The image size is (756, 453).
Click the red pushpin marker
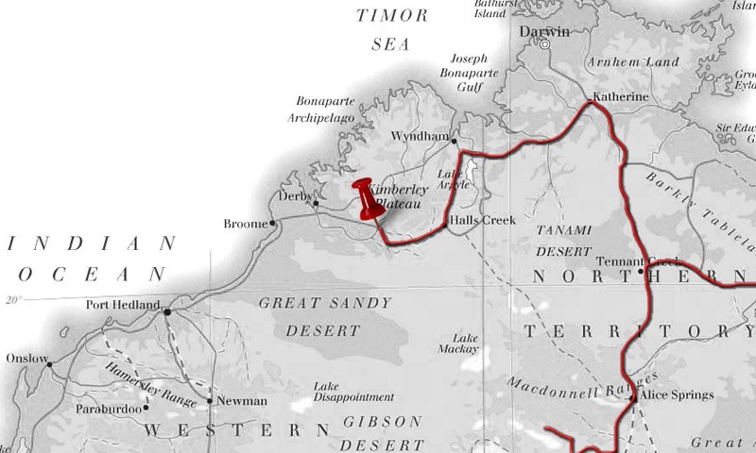point(367,198)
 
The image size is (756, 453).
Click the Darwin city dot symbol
point(544,43)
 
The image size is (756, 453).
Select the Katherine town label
point(620,97)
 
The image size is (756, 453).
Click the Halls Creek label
point(483,220)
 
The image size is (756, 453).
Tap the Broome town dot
point(273,224)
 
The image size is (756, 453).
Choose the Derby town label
point(295,196)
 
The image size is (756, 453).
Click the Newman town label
point(242,401)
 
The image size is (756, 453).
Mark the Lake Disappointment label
point(353,392)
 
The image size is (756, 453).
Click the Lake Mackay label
point(466,343)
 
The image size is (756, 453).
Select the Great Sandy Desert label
point(311,317)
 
